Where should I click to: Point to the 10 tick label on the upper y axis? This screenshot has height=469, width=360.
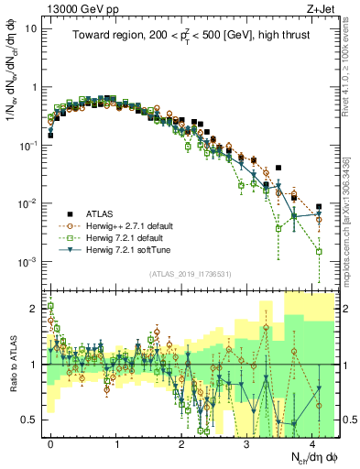[x=30, y=28]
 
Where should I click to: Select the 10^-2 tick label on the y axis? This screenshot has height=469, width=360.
[x=27, y=203]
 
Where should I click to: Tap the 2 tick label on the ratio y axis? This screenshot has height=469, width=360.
[x=35, y=309]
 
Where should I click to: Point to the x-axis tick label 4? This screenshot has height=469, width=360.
[x=313, y=442]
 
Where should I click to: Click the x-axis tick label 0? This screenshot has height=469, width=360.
[x=51, y=442]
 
